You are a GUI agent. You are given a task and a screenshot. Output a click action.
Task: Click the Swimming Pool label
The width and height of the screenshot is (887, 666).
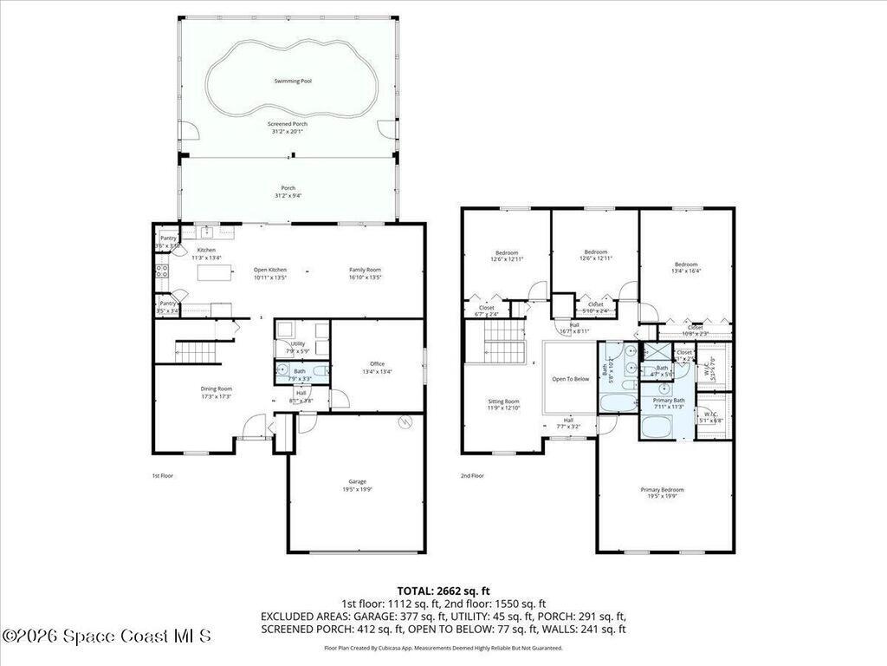coord(293,81)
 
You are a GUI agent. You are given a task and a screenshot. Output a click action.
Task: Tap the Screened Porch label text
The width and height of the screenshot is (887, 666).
coord(288,124)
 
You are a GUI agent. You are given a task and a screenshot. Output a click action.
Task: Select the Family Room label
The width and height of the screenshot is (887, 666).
coord(365,270)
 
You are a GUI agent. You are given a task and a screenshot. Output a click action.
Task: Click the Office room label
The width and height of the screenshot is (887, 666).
coord(376,364)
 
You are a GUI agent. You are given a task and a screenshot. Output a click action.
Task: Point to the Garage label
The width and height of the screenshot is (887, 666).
coord(357,481)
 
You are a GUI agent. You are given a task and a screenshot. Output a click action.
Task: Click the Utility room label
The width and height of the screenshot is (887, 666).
coord(297,344)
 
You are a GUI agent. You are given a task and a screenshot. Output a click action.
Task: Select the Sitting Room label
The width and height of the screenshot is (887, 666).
coord(503,402)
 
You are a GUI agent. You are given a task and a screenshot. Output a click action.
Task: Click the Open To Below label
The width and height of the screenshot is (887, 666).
coord(570,379)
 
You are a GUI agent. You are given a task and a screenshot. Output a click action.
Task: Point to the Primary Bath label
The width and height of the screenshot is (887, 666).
coord(669,400)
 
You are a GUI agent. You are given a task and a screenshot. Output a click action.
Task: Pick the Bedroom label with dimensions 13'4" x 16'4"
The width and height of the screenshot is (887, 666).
coord(686,264)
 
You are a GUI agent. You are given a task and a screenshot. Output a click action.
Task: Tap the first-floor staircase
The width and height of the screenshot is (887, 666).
coord(198,351)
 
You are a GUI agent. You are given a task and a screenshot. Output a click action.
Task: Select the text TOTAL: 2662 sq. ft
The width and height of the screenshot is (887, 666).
coord(443,591)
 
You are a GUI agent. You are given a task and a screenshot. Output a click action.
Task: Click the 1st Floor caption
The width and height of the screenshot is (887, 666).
coord(162,475)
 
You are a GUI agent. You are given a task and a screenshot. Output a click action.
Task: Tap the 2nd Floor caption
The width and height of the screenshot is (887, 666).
coord(472,475)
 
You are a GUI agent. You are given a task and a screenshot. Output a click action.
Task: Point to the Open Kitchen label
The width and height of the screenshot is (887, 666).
coord(269,270)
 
